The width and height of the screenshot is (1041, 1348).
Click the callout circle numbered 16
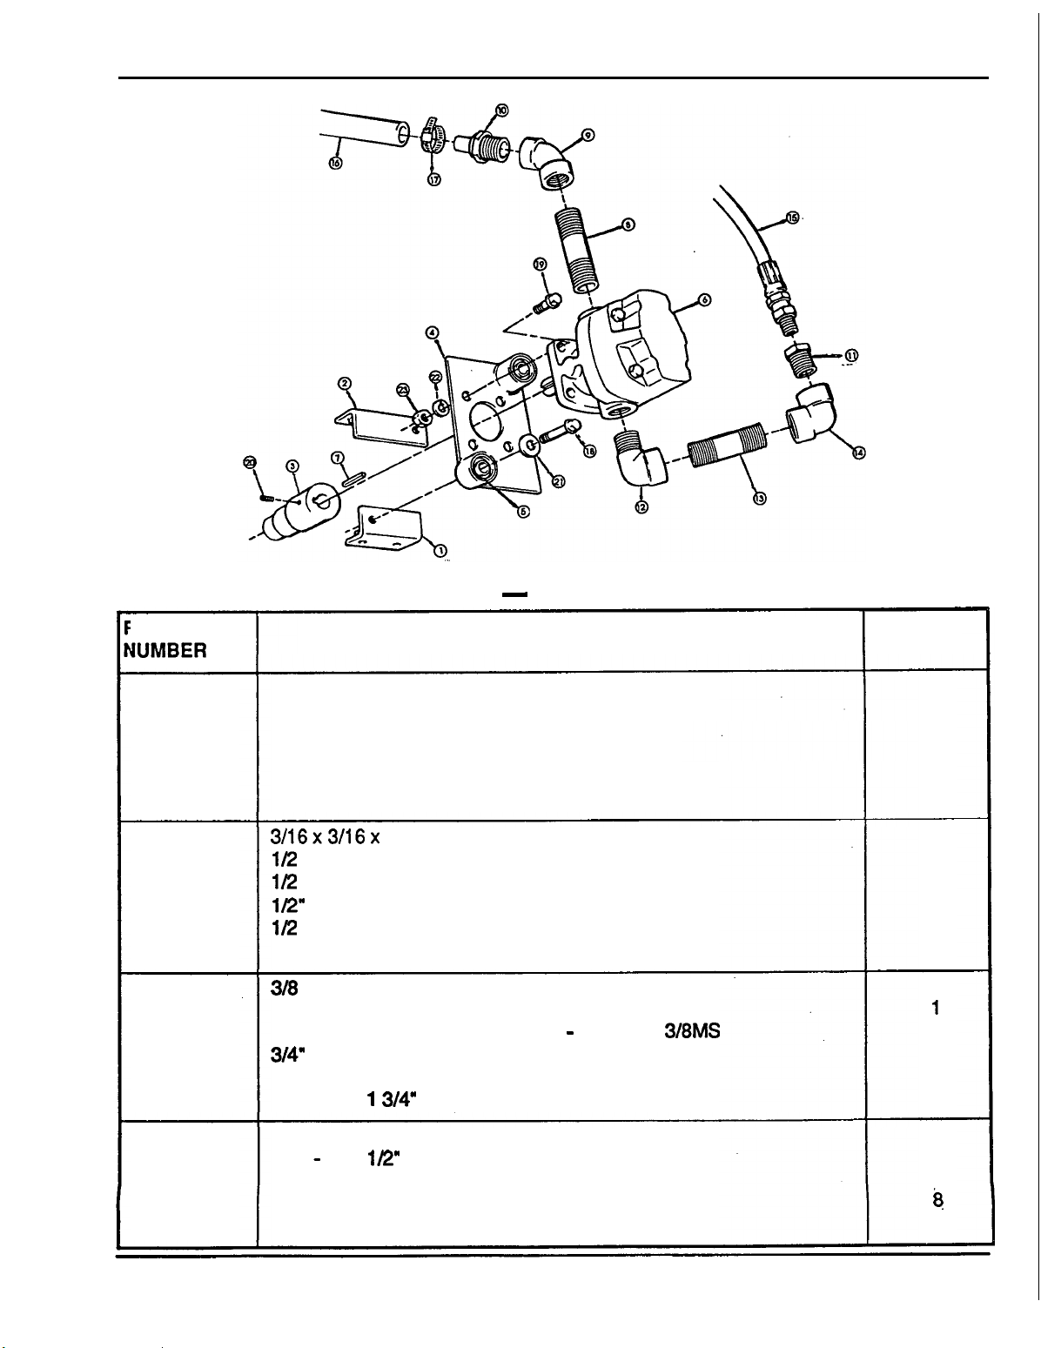pyautogui.click(x=336, y=164)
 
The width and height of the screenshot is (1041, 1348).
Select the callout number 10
pyautogui.click(x=502, y=110)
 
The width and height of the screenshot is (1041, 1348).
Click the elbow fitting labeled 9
pyautogui.click(x=546, y=163)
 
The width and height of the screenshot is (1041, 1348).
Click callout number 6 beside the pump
pyautogui.click(x=705, y=300)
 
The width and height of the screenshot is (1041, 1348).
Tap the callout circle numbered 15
pyautogui.click(x=791, y=218)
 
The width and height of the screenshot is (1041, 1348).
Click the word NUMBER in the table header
pyautogui.click(x=165, y=649)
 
